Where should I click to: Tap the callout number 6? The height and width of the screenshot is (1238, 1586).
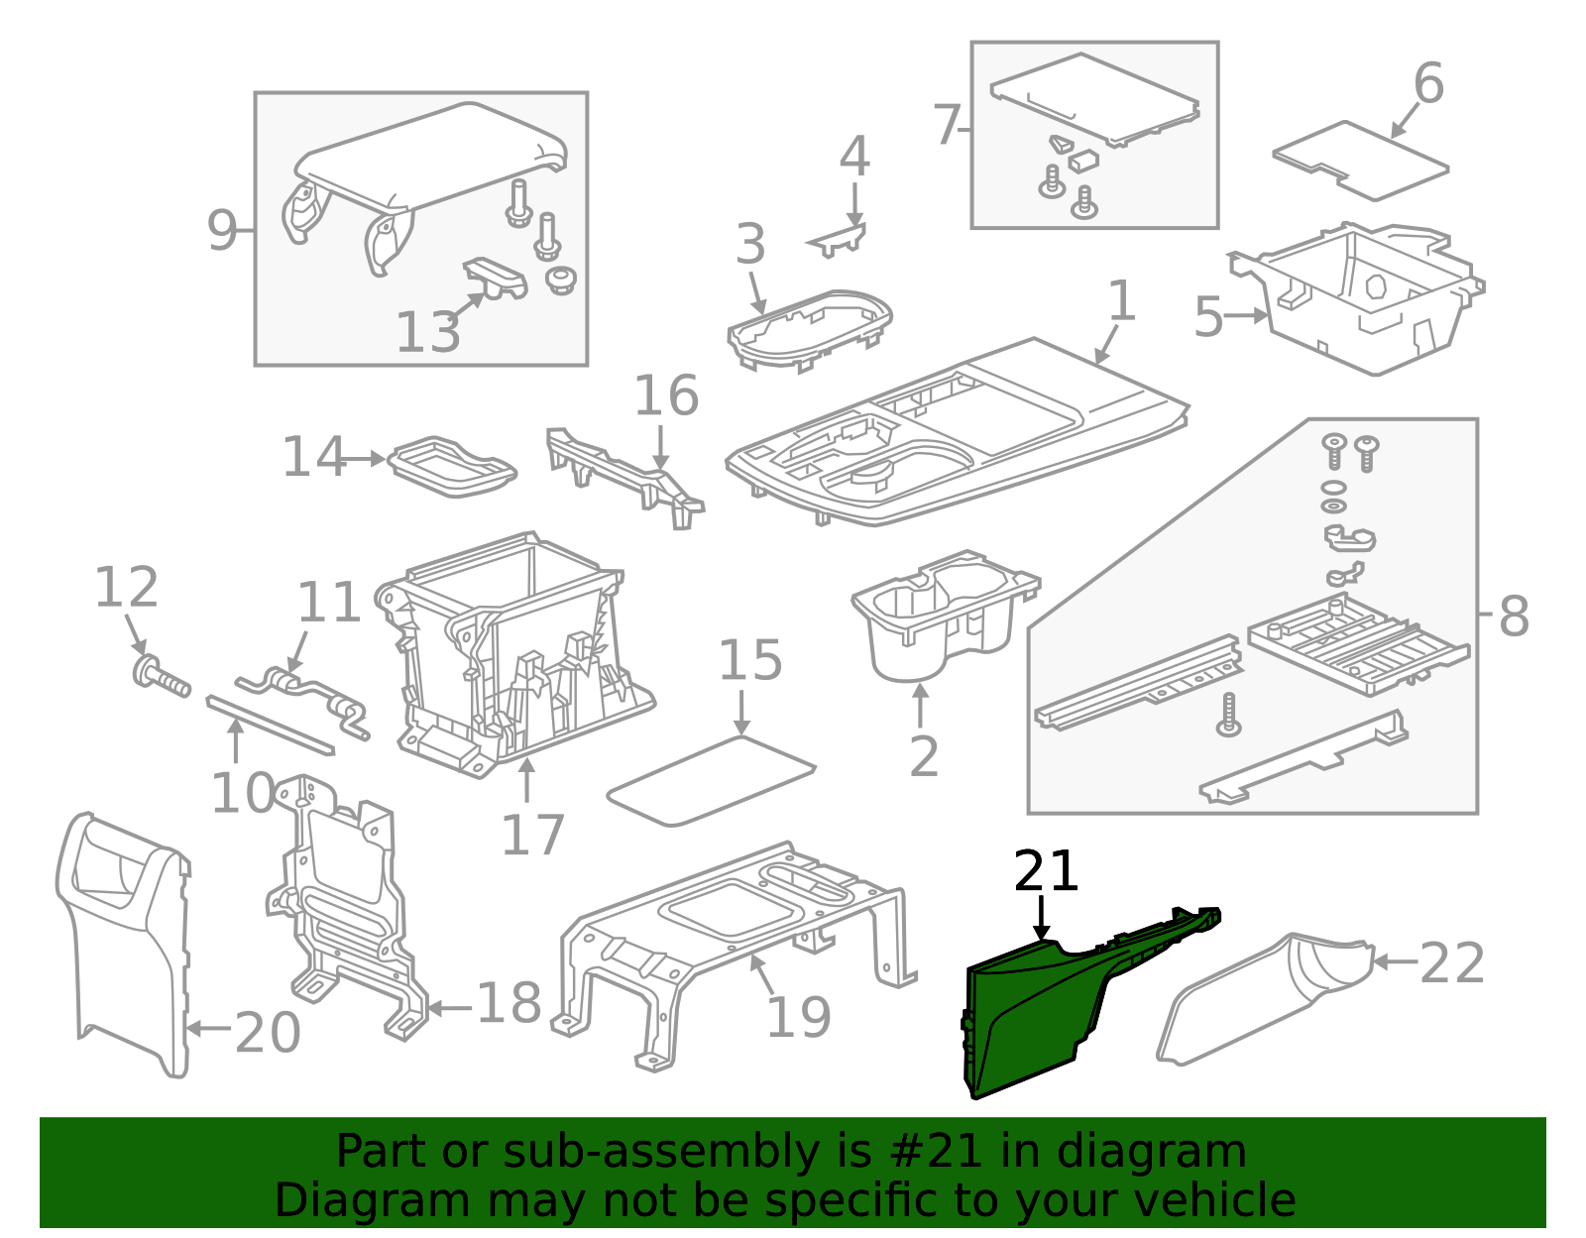coord(1428,83)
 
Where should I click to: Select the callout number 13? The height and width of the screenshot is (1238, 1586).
coord(427,332)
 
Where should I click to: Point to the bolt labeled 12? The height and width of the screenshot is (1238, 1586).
coord(162,677)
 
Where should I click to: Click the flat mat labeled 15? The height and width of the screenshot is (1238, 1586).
coord(710,781)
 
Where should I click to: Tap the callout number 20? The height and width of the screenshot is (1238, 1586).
coord(267,1033)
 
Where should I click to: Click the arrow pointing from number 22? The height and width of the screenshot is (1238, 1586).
coord(1395,961)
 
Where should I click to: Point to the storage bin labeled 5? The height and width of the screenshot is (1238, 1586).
coord(1356,298)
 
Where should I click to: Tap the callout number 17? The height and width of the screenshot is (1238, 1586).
coord(533,835)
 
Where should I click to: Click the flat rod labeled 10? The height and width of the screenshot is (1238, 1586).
coord(270,726)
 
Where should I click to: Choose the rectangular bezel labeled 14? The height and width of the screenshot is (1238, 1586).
coord(452,467)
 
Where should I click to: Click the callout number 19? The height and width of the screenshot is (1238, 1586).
coord(799,1018)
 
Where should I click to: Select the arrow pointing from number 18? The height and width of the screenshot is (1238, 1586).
coord(450,1009)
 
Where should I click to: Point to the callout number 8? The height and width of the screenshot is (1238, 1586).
coord(1513,617)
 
